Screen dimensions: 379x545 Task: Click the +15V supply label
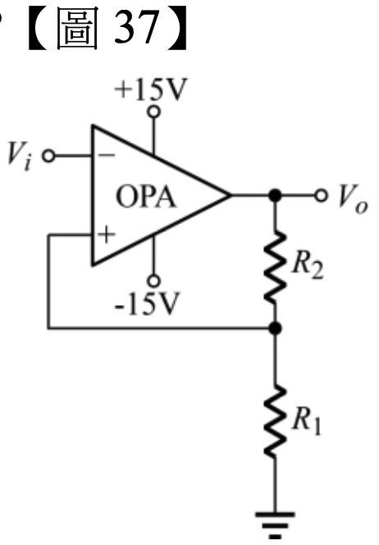click(151, 89)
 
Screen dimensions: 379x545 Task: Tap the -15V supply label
click(148, 304)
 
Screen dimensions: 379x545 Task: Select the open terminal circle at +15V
click(154, 112)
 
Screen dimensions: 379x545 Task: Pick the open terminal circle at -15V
click(153, 281)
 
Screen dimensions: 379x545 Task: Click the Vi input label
click(21, 156)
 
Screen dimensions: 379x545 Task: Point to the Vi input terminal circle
click(48, 156)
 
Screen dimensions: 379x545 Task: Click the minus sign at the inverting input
click(107, 155)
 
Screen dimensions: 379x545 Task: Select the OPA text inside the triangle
click(146, 197)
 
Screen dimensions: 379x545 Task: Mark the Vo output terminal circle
click(321, 195)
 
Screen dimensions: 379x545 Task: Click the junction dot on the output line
click(275, 195)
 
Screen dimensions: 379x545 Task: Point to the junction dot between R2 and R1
click(275, 327)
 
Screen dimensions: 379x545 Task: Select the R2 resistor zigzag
click(275, 267)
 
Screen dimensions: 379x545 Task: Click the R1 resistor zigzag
click(275, 421)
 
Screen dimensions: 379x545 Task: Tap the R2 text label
click(308, 267)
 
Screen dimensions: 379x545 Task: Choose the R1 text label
click(306, 423)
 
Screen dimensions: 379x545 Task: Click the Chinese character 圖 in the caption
click(77, 29)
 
